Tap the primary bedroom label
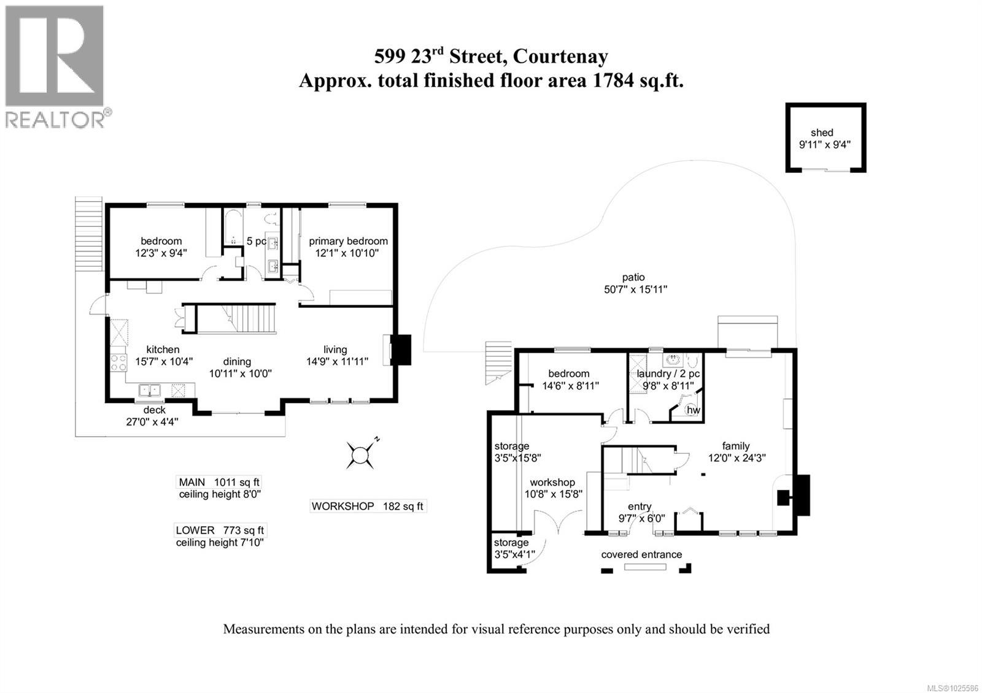(348, 241)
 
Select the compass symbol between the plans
(360, 455)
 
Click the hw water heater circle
(693, 410)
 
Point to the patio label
(633, 277)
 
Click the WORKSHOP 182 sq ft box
(367, 506)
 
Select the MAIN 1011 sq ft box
(219, 482)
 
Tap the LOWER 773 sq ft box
(220, 530)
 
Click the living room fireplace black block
(401, 350)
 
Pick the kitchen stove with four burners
(118, 362)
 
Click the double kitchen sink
(149, 390)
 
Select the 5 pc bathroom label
(256, 241)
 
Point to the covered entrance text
(641, 554)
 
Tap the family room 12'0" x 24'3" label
(735, 451)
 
